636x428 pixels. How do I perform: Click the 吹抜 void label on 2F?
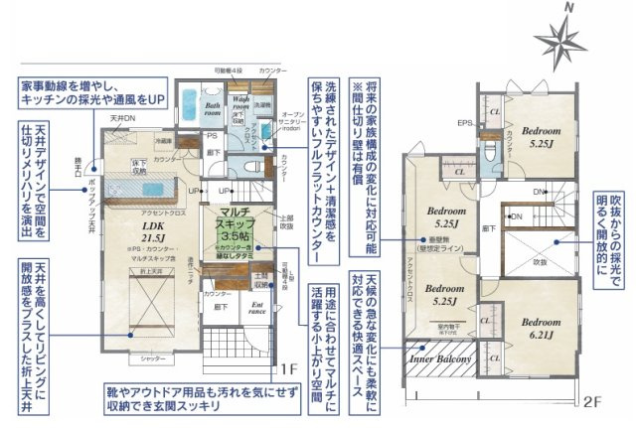point(538,262)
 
